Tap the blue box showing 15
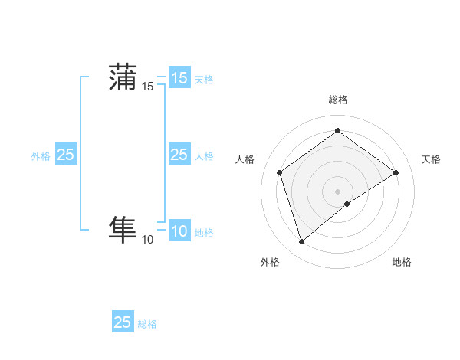coord(179,78)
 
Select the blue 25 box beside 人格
coord(179,155)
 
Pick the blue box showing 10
coord(179,231)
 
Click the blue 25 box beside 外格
coord(65,155)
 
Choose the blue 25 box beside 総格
coord(123,322)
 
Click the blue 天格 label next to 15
coord(204,79)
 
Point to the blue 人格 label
coord(204,156)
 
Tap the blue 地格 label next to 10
coord(204,233)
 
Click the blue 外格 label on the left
coord(41,156)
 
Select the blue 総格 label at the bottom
coord(148,324)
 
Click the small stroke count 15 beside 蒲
coord(148,87)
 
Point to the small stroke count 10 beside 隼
coord(148,240)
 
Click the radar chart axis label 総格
coord(337,100)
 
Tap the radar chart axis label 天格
coord(431,159)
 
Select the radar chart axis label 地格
coord(402,262)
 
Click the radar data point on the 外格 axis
coord(301,242)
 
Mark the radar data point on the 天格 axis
coord(396,172)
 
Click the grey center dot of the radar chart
coord(337,191)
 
